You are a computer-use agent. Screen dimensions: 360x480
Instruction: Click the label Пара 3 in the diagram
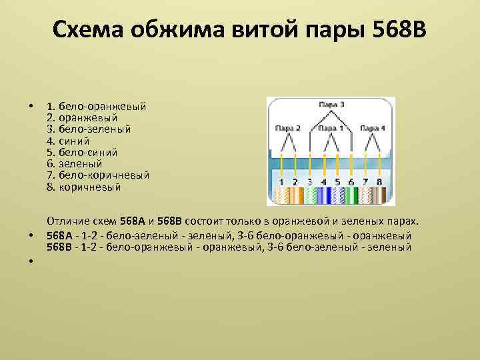(331, 105)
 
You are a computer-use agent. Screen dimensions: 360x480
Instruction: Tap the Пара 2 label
(287, 127)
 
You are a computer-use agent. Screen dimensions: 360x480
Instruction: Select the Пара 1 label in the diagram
(331, 127)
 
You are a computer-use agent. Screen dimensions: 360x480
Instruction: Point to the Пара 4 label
(373, 127)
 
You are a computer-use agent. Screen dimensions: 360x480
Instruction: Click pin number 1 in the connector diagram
(281, 181)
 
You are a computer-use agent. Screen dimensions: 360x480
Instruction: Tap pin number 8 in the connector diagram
(379, 181)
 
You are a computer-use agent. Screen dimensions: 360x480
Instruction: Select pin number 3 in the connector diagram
(309, 181)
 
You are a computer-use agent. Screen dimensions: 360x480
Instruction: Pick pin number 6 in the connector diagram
(351, 181)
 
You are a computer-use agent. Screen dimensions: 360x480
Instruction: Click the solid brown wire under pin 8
(379, 195)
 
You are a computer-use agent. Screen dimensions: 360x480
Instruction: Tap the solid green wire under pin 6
(351, 195)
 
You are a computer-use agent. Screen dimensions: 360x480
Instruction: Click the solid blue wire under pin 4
(323, 195)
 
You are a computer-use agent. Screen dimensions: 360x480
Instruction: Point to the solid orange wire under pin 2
(295, 195)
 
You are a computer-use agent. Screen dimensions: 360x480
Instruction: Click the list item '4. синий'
(68, 141)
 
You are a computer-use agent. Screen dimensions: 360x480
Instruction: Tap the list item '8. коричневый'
(84, 187)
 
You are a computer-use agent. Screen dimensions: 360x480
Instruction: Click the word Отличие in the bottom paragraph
(69, 221)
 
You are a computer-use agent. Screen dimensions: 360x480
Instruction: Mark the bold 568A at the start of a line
(59, 235)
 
